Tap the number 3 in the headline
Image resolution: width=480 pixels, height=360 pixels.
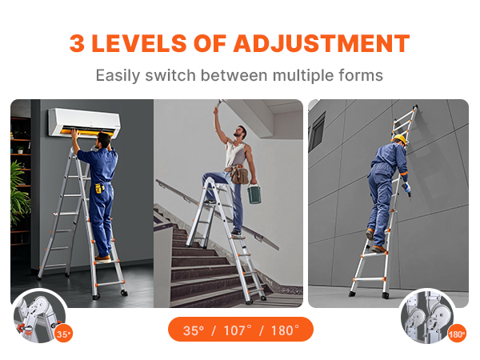[78, 43]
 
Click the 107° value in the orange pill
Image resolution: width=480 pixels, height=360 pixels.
[240, 330]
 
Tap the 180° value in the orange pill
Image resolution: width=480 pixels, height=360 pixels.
[284, 330]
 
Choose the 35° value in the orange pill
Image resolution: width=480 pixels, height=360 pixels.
[194, 330]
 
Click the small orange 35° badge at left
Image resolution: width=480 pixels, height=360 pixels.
[63, 334]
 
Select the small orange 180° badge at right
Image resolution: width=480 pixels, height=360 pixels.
[457, 334]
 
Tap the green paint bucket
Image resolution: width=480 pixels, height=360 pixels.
[254, 194]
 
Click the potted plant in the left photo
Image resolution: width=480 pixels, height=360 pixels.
[19, 192]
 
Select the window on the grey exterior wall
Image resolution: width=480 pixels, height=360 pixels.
[317, 130]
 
